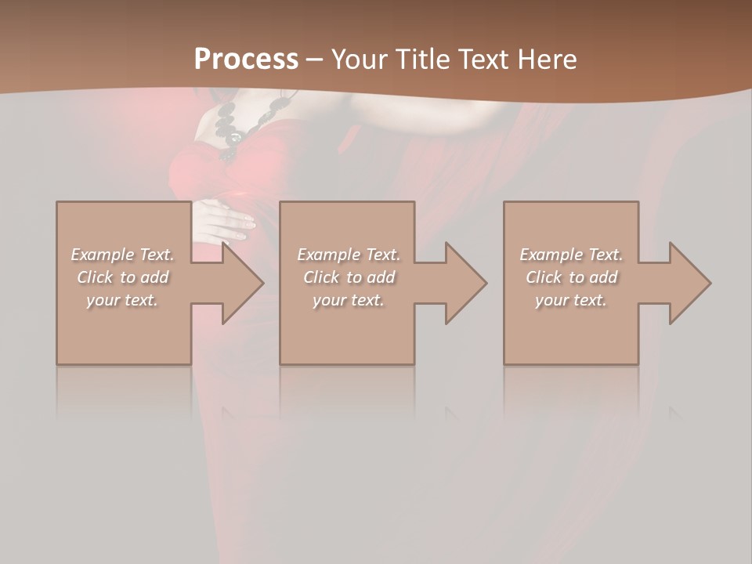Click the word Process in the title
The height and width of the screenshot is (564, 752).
(246, 60)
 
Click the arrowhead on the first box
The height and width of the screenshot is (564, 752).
(239, 283)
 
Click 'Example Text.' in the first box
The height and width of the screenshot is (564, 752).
(122, 255)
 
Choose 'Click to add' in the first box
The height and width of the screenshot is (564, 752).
(122, 277)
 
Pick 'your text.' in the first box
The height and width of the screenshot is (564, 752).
(122, 300)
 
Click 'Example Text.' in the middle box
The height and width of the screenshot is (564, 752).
(349, 255)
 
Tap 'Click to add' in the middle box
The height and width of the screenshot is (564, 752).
(349, 277)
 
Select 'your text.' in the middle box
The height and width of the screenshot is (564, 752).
(349, 300)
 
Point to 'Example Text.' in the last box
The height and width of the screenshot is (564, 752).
(571, 255)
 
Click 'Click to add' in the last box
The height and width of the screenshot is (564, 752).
(571, 277)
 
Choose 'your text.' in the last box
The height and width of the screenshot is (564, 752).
(571, 300)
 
